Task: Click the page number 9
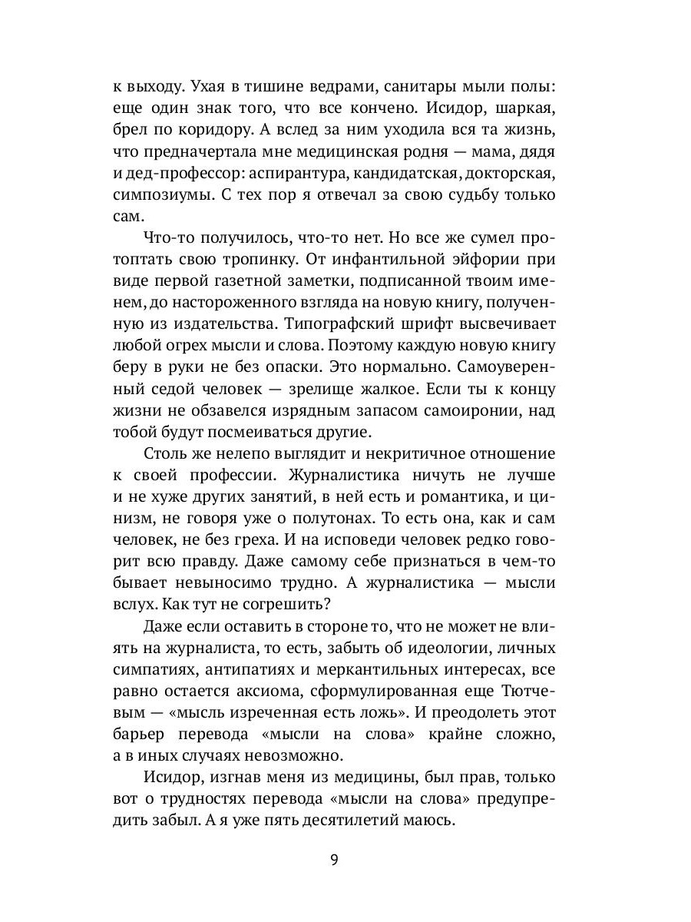334,858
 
